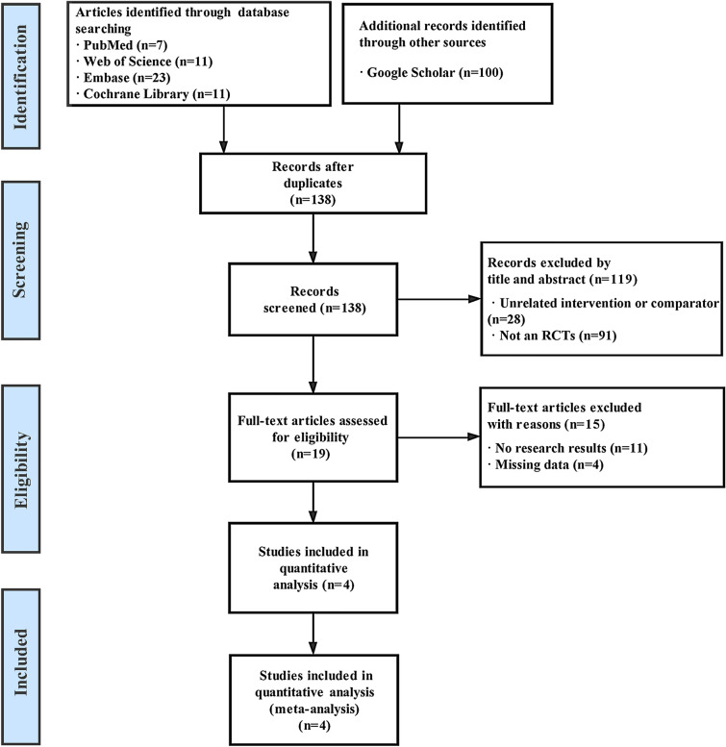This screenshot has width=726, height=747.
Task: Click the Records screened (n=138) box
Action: (314, 302)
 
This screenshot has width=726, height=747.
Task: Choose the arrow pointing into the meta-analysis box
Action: (314, 635)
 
